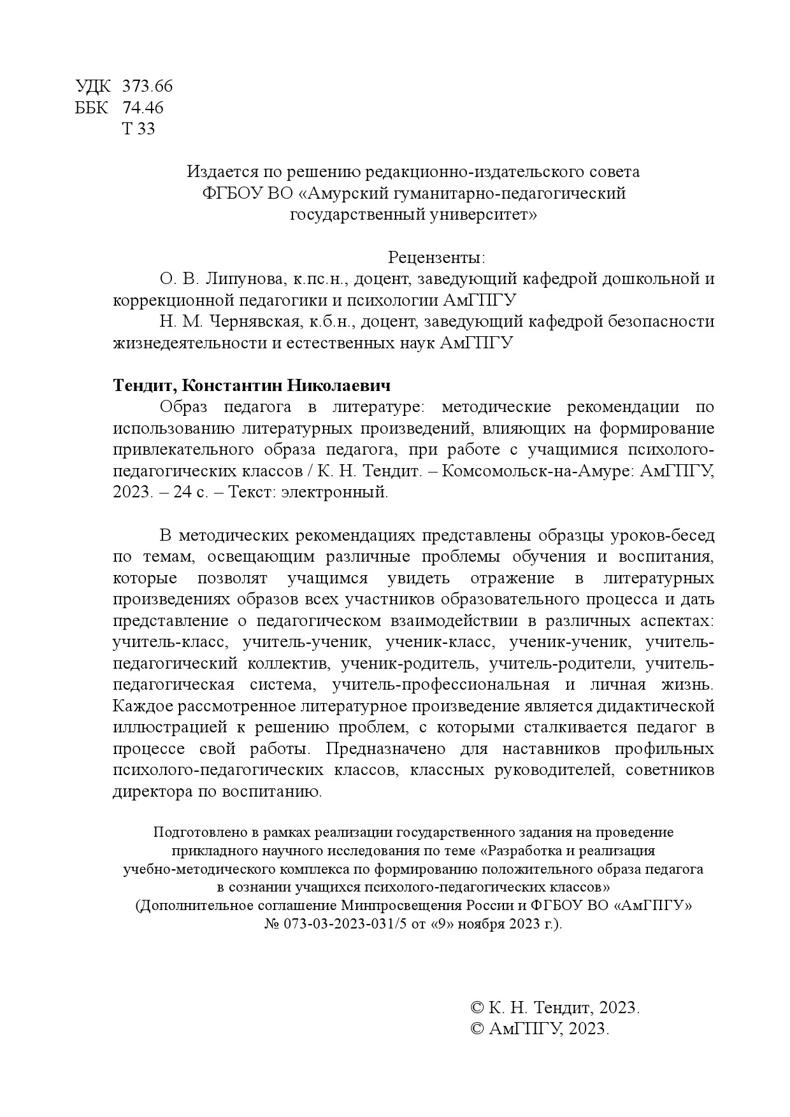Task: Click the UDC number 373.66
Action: click(147, 86)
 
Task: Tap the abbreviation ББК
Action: click(92, 108)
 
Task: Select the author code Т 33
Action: click(138, 129)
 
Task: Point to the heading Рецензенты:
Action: click(436, 258)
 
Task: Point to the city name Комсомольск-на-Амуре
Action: click(535, 471)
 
